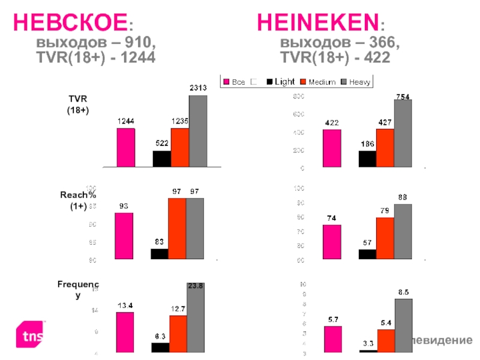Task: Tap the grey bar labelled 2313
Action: click(x=198, y=131)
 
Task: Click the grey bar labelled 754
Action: click(x=403, y=133)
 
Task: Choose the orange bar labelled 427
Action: click(x=385, y=148)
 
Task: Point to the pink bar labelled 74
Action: click(x=332, y=242)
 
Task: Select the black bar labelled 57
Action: click(x=367, y=254)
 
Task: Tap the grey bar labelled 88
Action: click(x=403, y=232)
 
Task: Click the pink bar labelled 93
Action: click(x=124, y=236)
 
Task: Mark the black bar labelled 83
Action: click(x=160, y=254)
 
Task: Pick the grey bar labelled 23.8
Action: click(x=196, y=319)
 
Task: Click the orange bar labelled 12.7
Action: click(x=178, y=334)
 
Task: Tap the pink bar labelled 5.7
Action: click(x=332, y=340)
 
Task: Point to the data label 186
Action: click(x=367, y=145)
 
